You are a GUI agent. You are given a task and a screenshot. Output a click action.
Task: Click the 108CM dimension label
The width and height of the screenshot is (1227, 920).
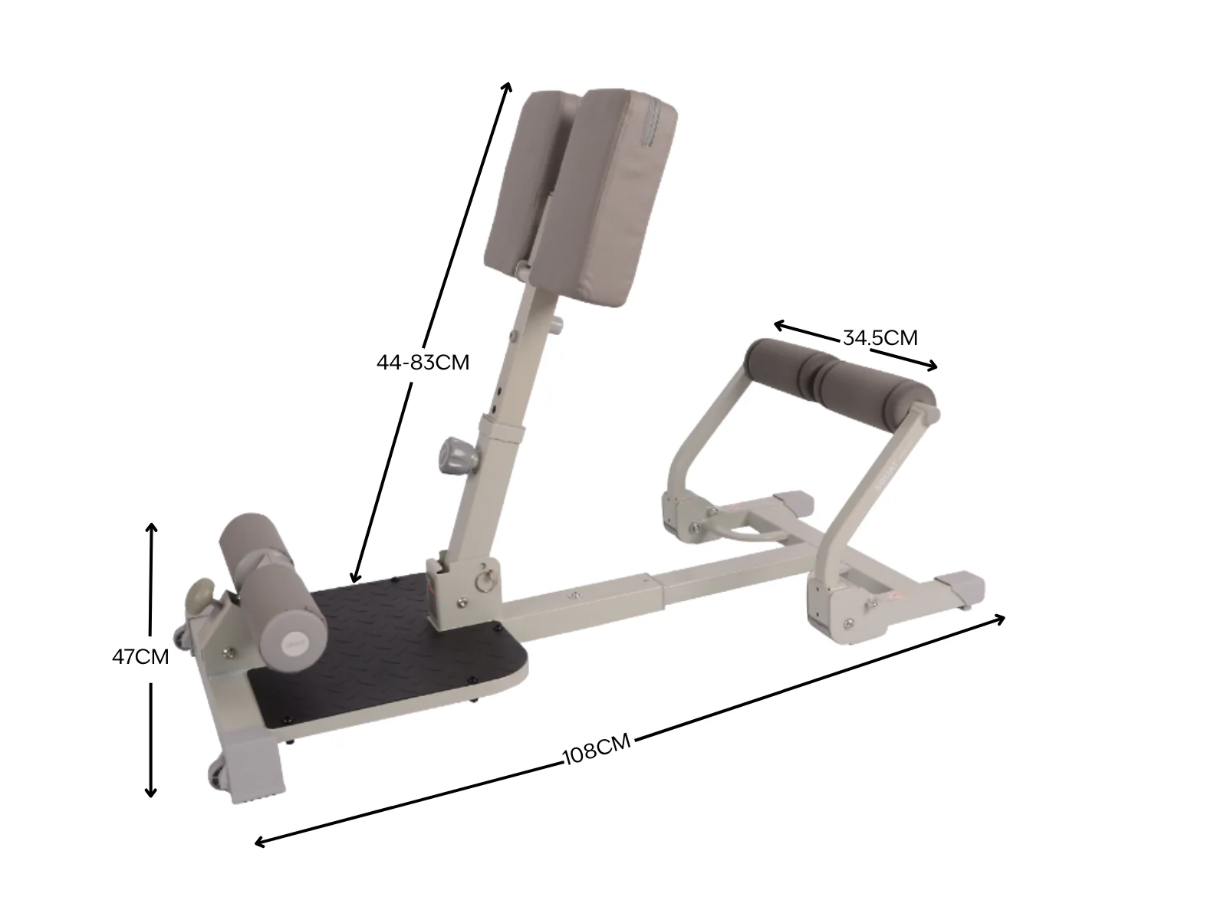(x=596, y=750)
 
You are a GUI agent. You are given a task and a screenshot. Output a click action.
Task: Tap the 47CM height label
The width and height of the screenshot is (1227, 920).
(x=140, y=657)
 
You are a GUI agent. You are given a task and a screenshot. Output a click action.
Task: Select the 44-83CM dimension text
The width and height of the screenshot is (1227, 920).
(x=423, y=363)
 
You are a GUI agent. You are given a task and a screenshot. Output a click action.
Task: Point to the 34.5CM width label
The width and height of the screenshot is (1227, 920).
(x=880, y=338)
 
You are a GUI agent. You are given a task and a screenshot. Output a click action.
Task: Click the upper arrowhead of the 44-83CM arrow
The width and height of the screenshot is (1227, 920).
(x=508, y=85)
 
